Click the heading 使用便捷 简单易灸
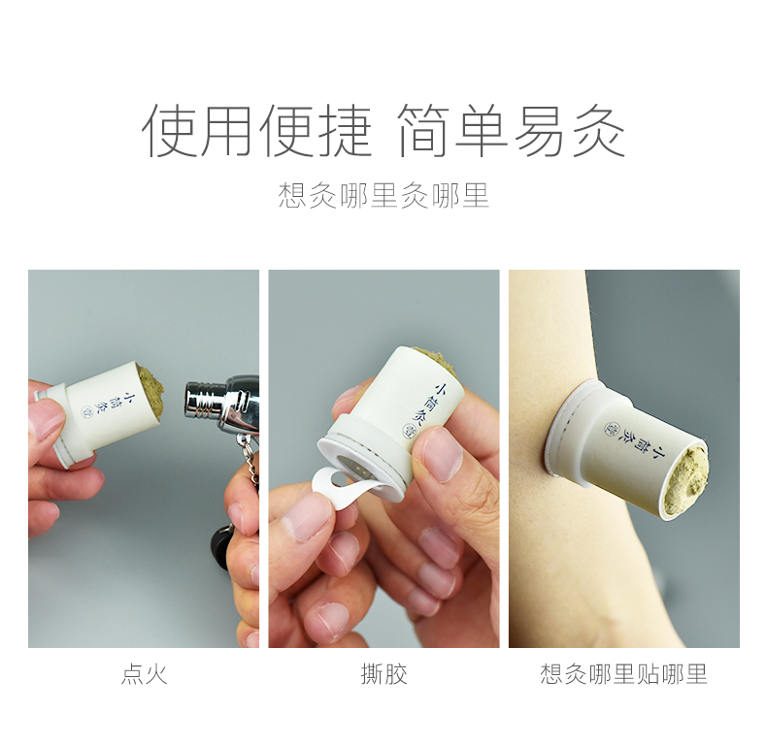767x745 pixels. coord(383,131)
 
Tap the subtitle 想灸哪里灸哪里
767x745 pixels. coord(383,196)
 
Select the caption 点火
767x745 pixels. coord(145,674)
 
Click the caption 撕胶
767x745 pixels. coord(384,674)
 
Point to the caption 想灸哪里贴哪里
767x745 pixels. coord(623,674)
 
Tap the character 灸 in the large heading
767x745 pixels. coord(599,131)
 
